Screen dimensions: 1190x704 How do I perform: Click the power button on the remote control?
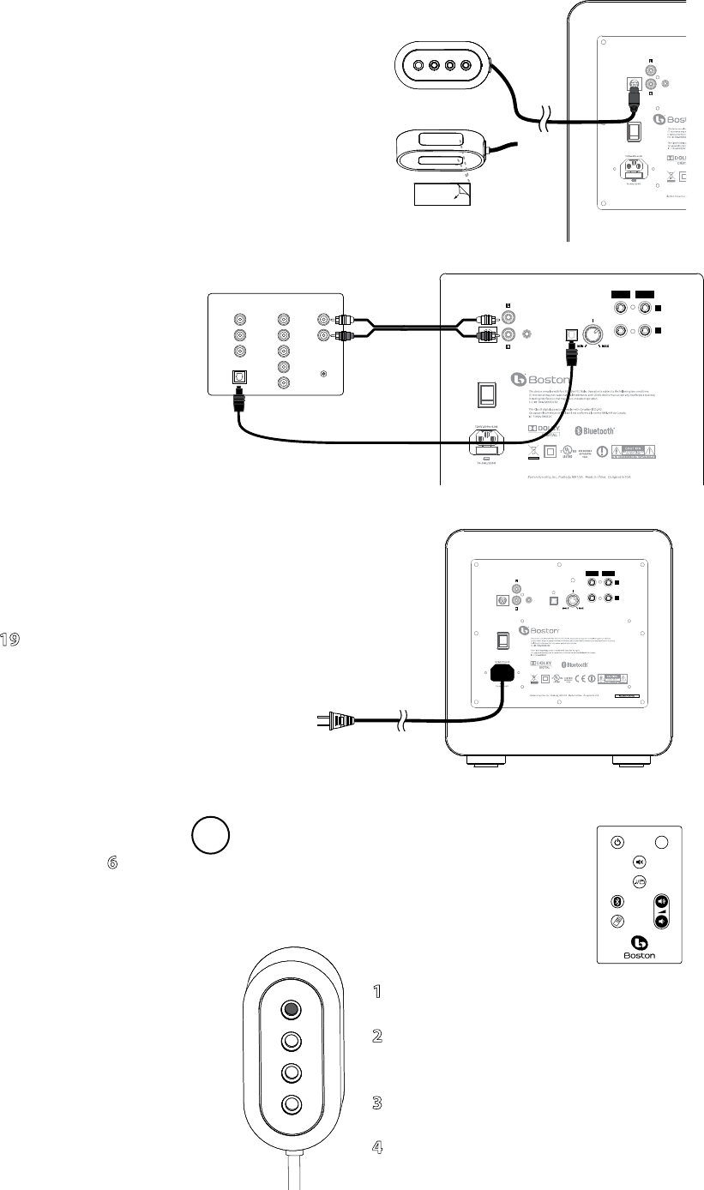coord(617,842)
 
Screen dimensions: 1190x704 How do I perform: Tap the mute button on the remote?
coord(639,862)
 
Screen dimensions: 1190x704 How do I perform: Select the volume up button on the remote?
coord(661,902)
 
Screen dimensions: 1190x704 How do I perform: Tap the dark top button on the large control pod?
coord(292,1009)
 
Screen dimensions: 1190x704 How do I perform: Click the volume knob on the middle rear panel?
coord(592,334)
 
